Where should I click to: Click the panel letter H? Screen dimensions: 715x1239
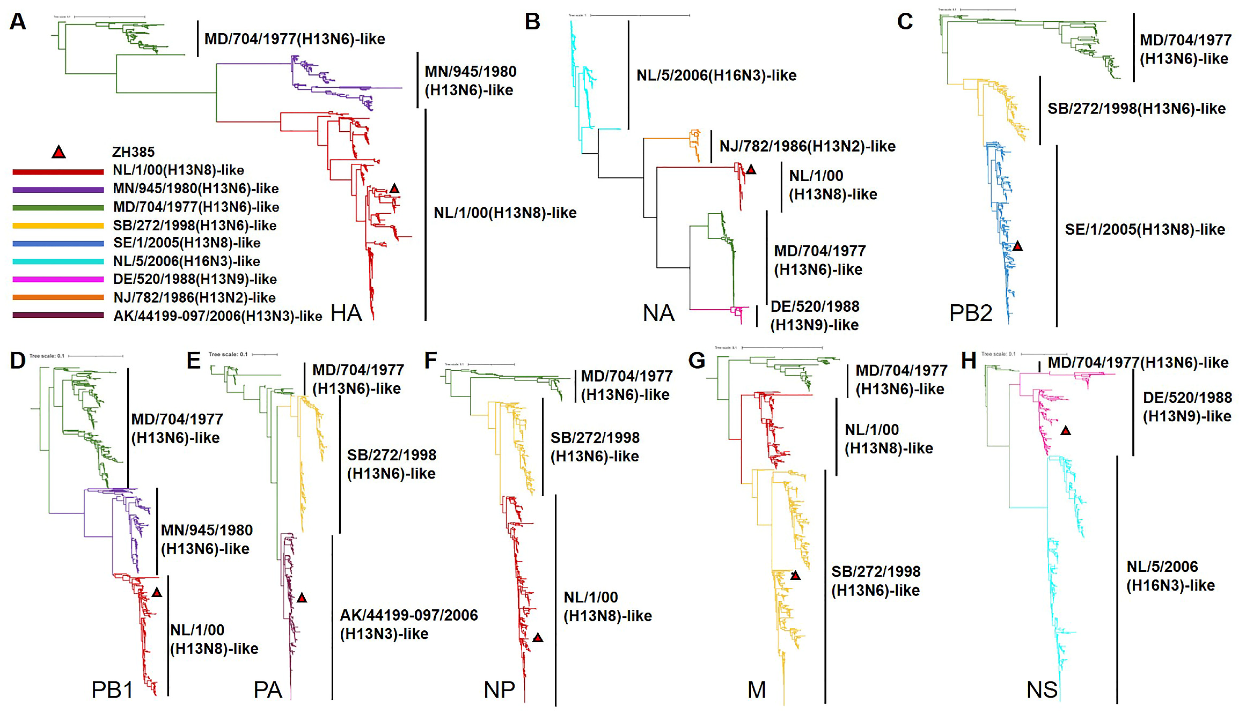[968, 361]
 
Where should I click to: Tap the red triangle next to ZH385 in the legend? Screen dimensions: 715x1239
[58, 152]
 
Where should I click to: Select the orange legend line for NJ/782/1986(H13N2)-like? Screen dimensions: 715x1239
[58, 297]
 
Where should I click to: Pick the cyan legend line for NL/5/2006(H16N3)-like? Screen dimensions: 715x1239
[58, 261]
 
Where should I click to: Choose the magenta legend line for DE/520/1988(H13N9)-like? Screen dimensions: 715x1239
[58, 279]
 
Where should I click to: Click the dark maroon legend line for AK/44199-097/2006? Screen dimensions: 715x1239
[58, 315]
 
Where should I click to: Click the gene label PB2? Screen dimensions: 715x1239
[970, 313]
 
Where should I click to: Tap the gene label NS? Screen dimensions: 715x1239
[1042, 690]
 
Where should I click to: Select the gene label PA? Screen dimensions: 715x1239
[268, 690]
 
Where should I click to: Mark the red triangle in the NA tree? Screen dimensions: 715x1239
[751, 169]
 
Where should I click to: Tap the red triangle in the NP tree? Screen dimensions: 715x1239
[538, 638]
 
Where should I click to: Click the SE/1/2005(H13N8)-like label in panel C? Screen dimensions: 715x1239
[1144, 229]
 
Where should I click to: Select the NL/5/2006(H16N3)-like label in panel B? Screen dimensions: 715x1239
[716, 76]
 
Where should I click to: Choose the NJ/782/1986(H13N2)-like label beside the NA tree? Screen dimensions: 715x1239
[807, 146]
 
